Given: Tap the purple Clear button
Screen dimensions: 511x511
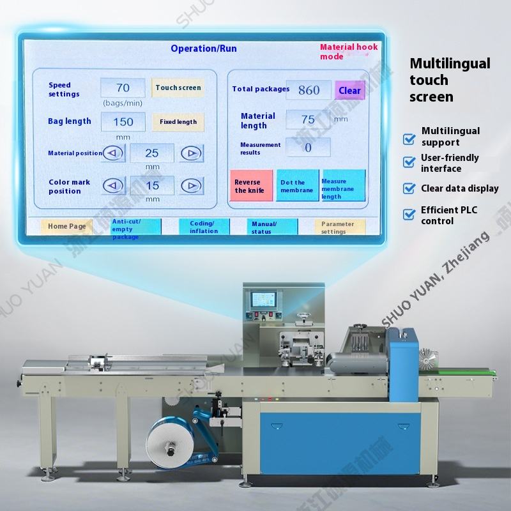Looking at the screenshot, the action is (x=349, y=90).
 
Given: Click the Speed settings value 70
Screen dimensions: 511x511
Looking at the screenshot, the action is (x=123, y=88).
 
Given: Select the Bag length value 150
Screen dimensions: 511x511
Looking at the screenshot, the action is (x=123, y=121).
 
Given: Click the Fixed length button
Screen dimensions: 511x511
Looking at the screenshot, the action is (x=178, y=121).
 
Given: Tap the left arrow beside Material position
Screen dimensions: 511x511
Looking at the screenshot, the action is (x=114, y=153).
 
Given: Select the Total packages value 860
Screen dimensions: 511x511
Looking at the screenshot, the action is (x=309, y=90).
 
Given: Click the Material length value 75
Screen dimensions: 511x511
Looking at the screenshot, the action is (x=308, y=119).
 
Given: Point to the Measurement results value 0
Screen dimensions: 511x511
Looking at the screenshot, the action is (x=308, y=148).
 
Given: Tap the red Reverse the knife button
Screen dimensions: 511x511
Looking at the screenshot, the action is (x=251, y=186).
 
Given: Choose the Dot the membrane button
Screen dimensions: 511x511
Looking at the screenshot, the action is (x=297, y=186).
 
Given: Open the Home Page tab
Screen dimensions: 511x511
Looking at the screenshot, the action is (x=66, y=226).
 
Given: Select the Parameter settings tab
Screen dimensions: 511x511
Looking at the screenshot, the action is (x=339, y=227).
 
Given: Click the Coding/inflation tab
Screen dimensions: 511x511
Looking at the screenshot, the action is (x=204, y=227).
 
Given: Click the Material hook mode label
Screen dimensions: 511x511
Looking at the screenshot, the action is (x=349, y=51).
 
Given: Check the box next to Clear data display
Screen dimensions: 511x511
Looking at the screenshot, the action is (x=409, y=189).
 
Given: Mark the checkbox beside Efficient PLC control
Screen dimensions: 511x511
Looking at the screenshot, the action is (x=409, y=215).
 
